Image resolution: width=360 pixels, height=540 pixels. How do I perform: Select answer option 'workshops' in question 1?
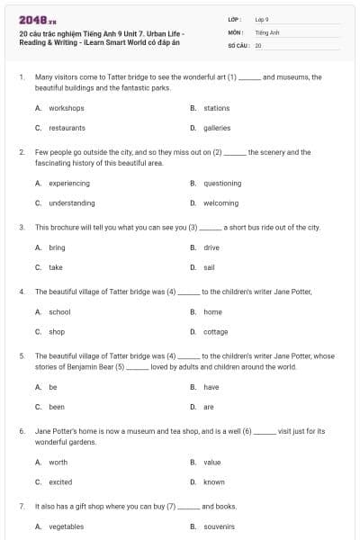(x=66, y=108)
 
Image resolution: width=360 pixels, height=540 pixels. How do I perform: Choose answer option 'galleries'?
(x=217, y=128)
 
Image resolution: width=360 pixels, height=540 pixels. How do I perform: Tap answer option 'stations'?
(x=217, y=108)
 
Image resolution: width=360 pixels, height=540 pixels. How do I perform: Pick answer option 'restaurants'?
(x=67, y=128)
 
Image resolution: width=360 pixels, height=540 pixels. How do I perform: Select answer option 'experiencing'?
(x=69, y=183)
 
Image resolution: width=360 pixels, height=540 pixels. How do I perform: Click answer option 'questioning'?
(x=222, y=183)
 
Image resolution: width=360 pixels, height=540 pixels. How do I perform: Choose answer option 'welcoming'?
(x=221, y=202)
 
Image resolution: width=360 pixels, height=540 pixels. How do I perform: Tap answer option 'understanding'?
(x=72, y=202)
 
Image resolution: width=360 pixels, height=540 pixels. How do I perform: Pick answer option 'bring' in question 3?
(x=57, y=247)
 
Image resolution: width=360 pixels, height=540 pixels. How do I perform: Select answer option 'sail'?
(x=209, y=266)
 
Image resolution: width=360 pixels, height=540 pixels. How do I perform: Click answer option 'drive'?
(x=211, y=247)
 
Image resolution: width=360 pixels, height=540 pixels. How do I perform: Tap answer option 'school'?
(x=59, y=311)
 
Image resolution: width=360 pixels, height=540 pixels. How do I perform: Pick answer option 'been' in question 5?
(x=57, y=407)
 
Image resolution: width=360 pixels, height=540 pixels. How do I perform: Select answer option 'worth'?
(x=58, y=462)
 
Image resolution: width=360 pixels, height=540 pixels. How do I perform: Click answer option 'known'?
(x=214, y=481)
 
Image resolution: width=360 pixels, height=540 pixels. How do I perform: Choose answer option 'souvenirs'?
(x=220, y=526)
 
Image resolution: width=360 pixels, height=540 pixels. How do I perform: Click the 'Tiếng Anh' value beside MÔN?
(x=267, y=31)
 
